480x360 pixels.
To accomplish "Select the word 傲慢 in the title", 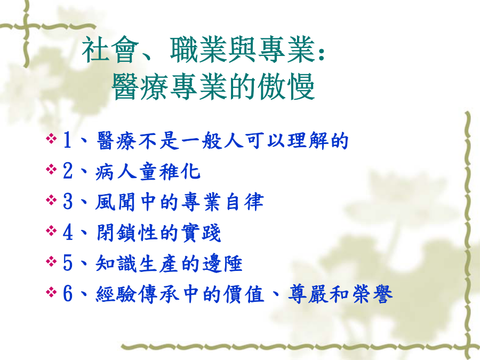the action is tap(286, 86).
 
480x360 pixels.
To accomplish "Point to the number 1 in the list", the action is tap(67, 140).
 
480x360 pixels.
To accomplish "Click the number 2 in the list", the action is tap(67, 171).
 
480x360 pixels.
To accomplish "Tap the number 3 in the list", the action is tap(68, 202).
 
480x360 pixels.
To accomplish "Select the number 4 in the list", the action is tap(68, 233).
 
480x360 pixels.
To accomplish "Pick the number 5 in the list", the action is tap(68, 263).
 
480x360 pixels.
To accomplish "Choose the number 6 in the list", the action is tap(68, 293).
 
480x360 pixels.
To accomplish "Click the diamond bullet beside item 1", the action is tap(51, 139).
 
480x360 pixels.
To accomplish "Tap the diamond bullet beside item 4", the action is tap(51, 231).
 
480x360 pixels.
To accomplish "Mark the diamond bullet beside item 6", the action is tap(51, 292).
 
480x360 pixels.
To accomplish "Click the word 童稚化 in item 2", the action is tap(170, 171).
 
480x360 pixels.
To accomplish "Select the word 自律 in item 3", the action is tap(245, 202).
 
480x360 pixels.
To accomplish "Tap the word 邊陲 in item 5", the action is tap(222, 263).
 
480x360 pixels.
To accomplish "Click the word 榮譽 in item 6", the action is tap(372, 294).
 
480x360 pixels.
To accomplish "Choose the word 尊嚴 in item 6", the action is tap(308, 294).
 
